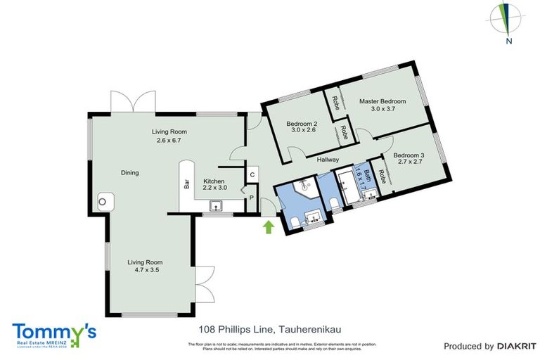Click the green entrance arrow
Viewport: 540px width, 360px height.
[x=268, y=226]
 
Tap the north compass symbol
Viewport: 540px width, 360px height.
[x=506, y=19]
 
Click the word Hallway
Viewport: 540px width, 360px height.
[x=328, y=160]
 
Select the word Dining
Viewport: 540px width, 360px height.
[x=129, y=172]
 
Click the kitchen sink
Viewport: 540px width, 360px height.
[x=217, y=205]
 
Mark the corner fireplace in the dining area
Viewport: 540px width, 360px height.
[x=104, y=202]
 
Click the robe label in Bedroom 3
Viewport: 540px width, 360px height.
[x=382, y=177]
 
